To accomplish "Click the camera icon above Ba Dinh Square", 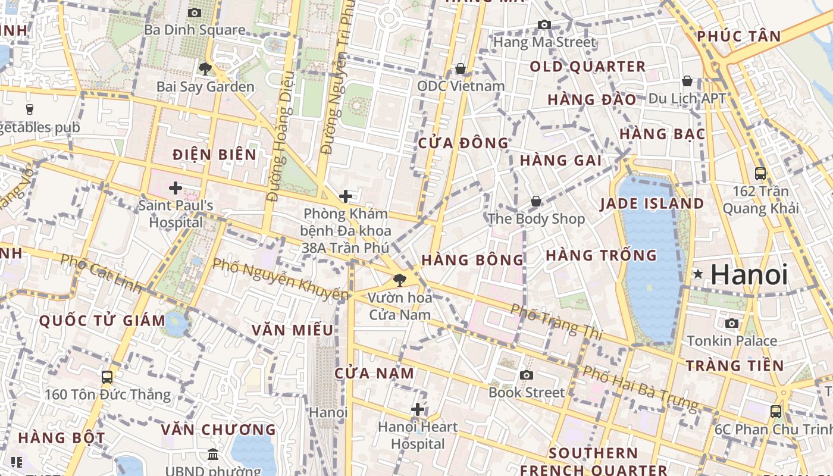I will point(194,12).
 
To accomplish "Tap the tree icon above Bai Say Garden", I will point(205,69).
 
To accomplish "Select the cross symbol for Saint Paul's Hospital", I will point(176,188).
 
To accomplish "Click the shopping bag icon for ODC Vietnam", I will point(460,68).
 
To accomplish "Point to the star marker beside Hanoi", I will point(698,274).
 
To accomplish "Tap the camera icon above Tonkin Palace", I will point(732,323).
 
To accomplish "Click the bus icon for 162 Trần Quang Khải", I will point(760,174).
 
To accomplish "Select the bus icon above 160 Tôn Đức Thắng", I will point(107,377).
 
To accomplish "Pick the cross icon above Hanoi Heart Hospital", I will point(418,409).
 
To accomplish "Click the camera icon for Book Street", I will point(527,375).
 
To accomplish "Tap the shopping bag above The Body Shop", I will point(536,201).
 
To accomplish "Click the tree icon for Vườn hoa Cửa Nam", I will point(399,279).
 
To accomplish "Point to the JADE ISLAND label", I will point(652,203).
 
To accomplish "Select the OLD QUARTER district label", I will point(587,67).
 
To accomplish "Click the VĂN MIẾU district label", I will point(292,330).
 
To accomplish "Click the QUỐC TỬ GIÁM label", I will point(102,321).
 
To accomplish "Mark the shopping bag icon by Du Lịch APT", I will point(687,81).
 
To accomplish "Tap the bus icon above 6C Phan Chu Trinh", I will point(776,411).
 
